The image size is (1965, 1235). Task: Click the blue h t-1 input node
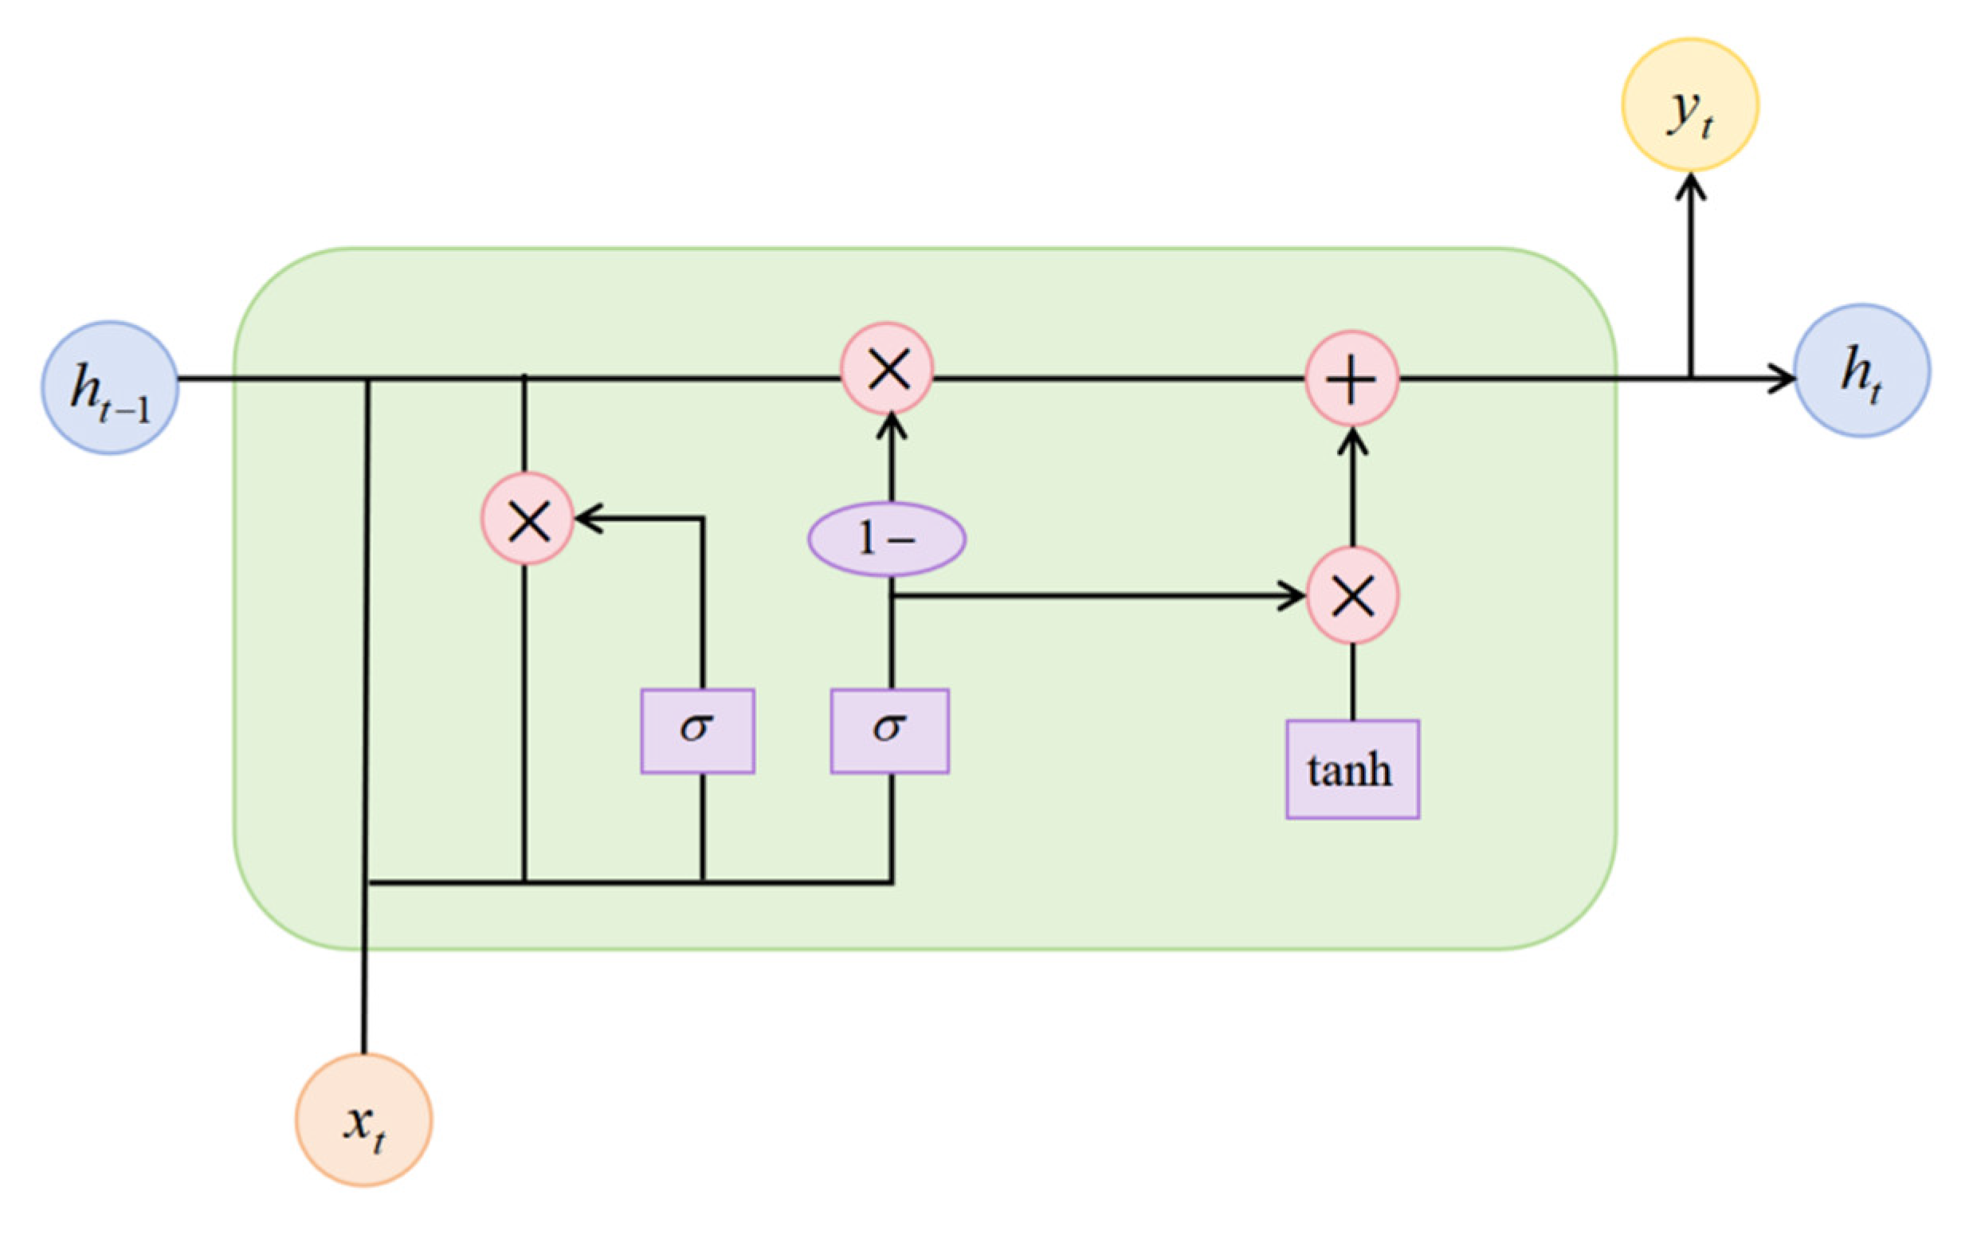tap(110, 387)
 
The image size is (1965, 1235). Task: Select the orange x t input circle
tap(364, 1119)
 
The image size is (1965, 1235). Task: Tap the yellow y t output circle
tap(1689, 104)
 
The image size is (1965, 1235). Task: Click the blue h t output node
tap(1861, 370)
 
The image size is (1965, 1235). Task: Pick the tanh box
tap(1352, 769)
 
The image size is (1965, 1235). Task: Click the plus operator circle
tap(1352, 378)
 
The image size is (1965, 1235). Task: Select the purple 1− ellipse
tap(887, 539)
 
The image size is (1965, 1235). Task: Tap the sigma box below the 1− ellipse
tap(889, 731)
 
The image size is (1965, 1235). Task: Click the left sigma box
tap(697, 731)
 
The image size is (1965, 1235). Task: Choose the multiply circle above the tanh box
tap(1352, 596)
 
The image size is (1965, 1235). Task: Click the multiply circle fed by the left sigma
tap(528, 519)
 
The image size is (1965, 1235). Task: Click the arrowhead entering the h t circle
tap(1784, 378)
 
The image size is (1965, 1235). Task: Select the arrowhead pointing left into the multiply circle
tap(586, 518)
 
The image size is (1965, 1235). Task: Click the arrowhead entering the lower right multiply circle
tap(1296, 596)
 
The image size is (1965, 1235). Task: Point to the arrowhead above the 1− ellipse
tap(890, 424)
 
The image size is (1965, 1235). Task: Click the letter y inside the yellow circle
tap(1683, 108)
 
